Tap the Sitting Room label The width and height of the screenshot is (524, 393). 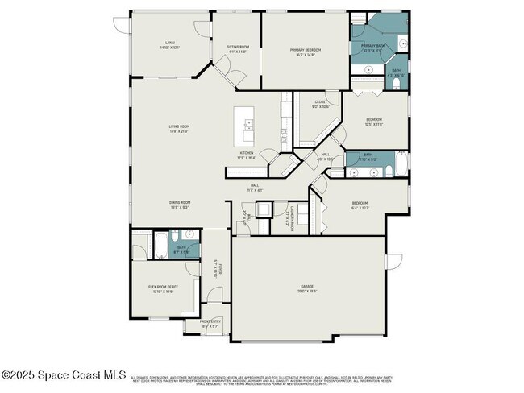coord(237,48)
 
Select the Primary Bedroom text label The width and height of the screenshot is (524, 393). coord(306,50)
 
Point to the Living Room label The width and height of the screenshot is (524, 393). coord(179,126)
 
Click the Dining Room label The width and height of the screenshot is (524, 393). coord(179,202)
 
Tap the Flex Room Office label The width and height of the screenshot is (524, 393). coord(164,287)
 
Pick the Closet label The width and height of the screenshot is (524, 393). coord(321,102)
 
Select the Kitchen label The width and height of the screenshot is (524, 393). coord(246,153)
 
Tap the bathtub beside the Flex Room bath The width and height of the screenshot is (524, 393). coord(159,242)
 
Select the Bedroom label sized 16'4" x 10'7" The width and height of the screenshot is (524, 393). coord(360,203)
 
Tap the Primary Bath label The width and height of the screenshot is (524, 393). coord(372,46)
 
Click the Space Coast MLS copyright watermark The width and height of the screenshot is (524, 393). coord(64,375)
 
